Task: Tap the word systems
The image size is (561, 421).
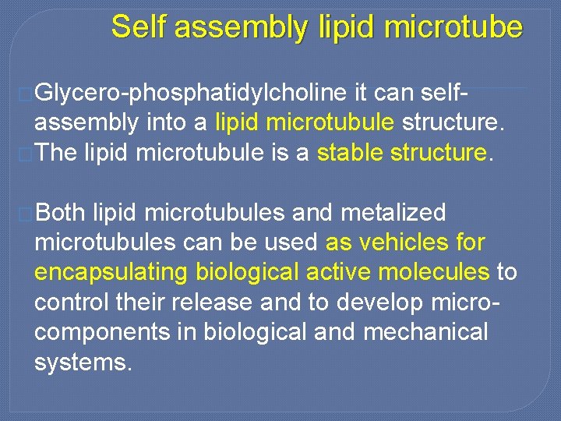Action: pos(82,362)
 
